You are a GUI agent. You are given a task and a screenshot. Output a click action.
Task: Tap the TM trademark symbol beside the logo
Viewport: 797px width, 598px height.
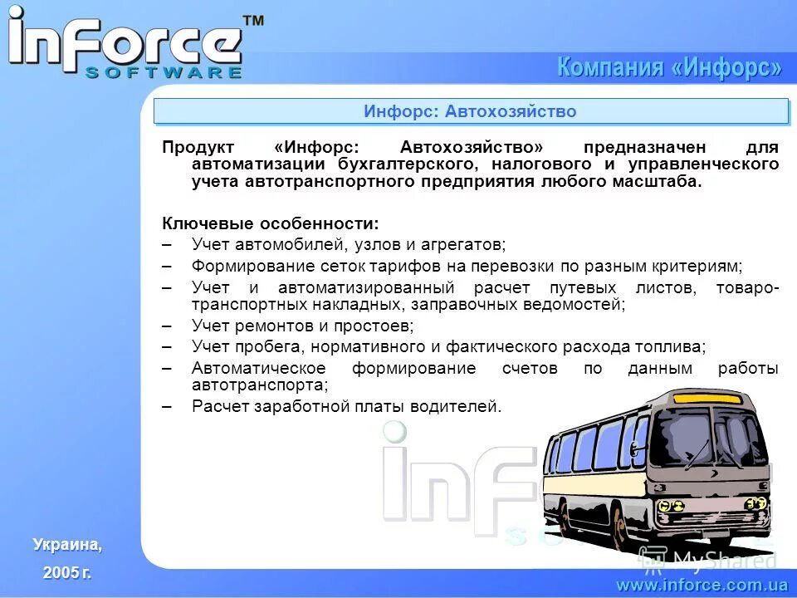[x=252, y=22]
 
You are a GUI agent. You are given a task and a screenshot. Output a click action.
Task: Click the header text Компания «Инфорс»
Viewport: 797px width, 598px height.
[x=668, y=67]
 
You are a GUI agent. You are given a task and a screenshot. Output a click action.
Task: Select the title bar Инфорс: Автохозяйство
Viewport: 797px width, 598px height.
[x=470, y=111]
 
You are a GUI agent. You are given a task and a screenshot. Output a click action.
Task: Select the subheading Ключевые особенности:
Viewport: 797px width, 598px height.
[x=271, y=223]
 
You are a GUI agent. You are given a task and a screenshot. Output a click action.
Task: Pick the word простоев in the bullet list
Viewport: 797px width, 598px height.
[x=374, y=326]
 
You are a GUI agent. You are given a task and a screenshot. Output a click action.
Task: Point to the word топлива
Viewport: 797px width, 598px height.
[x=675, y=346]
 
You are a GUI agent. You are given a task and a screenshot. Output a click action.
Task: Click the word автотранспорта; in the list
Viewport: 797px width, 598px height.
[x=260, y=385]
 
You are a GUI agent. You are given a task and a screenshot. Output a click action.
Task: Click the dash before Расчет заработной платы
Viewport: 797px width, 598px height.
[x=167, y=406]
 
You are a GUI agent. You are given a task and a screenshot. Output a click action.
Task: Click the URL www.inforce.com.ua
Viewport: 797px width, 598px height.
[x=702, y=585]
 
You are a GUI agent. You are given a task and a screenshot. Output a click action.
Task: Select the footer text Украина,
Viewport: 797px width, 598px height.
[x=67, y=545]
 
